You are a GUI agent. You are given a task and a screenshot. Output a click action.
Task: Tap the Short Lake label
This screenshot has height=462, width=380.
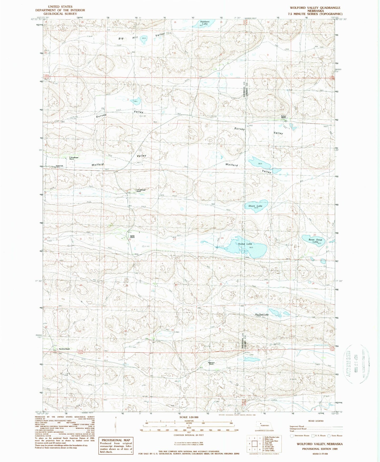255,206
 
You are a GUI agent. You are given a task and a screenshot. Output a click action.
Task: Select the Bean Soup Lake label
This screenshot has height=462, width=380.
315,241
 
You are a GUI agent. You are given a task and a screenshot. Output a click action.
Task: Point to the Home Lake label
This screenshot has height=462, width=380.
245,244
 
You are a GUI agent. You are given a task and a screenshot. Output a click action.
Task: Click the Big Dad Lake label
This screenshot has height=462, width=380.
262,314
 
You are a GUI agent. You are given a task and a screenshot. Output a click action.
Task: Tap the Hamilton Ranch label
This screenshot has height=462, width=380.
64,349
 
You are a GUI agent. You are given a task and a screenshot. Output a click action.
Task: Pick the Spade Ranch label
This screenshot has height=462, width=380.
132,237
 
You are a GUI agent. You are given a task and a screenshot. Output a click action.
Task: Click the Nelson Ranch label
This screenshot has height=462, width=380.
283,117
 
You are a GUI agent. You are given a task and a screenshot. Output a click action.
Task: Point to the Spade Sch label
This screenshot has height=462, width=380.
59,166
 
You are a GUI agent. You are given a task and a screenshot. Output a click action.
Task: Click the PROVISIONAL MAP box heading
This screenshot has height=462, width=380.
116,440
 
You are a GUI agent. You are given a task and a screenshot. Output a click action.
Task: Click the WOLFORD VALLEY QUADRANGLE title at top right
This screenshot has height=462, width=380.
315,8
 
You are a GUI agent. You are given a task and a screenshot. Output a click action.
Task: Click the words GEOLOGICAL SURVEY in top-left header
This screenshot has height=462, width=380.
60,14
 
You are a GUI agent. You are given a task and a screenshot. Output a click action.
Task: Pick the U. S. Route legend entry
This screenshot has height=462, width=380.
318,436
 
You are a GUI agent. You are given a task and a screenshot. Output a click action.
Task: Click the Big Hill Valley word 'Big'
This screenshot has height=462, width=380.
121,38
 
